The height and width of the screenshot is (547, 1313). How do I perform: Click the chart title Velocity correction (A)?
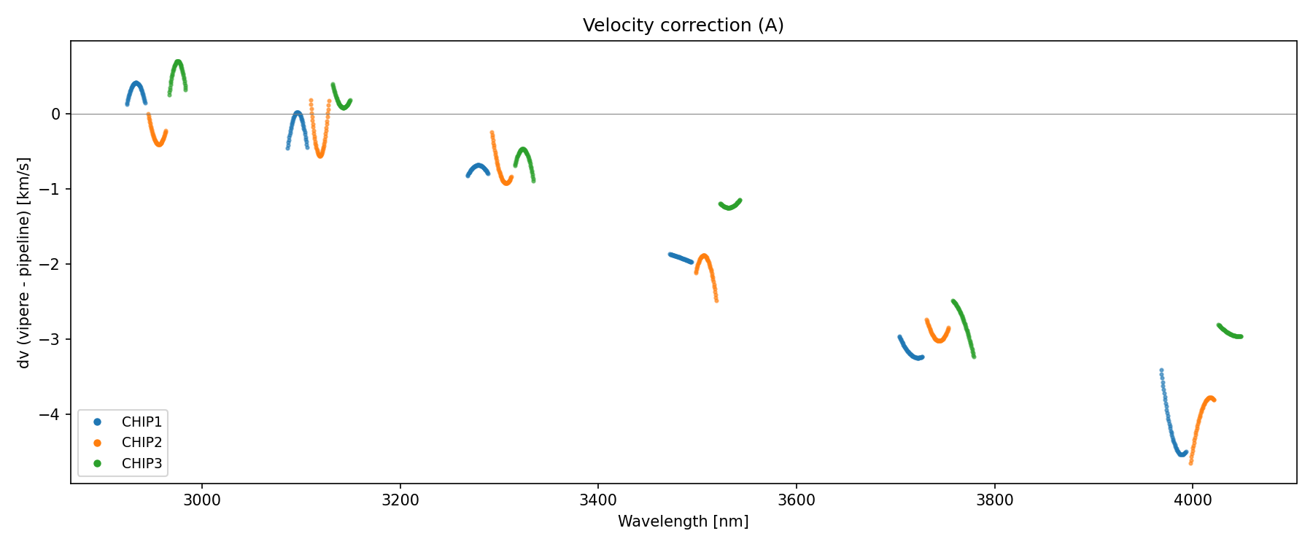[683, 26]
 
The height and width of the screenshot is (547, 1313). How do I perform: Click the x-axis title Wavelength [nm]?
[683, 521]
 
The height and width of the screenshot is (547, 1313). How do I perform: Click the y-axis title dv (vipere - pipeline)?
[24, 263]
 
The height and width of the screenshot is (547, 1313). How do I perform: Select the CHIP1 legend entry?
[142, 422]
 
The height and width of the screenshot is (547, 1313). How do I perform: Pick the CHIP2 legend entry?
[142, 443]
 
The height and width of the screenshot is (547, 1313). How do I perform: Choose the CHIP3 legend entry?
[142, 463]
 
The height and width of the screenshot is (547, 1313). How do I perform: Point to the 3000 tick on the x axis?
[202, 500]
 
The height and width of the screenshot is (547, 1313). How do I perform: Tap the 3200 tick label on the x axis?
[400, 500]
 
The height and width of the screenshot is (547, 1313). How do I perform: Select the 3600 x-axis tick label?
[796, 500]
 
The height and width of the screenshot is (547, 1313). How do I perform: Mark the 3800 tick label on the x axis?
[994, 500]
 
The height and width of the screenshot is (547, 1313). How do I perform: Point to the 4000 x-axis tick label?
[1192, 500]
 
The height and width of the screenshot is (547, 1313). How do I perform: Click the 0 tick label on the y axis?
[56, 114]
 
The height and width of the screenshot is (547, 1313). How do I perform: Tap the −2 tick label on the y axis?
[53, 264]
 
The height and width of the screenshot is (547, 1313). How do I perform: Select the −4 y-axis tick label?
[53, 415]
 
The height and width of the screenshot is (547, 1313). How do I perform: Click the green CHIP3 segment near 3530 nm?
[729, 207]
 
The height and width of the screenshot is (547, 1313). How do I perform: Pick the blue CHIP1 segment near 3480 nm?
[681, 257]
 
